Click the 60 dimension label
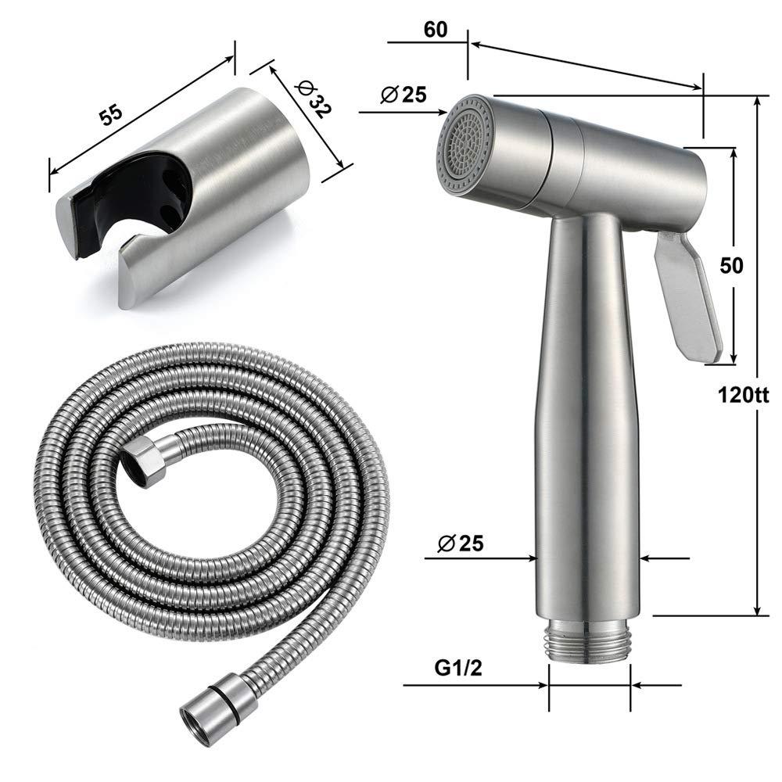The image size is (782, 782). point(436,30)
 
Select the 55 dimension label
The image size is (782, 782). point(111,115)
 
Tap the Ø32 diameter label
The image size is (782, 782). point(312,99)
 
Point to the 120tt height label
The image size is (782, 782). point(743,395)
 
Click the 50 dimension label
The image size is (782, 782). point(731,265)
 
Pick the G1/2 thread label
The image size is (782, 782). point(458,668)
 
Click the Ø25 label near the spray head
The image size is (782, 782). point(404,94)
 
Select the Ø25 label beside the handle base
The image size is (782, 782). point(461,543)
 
